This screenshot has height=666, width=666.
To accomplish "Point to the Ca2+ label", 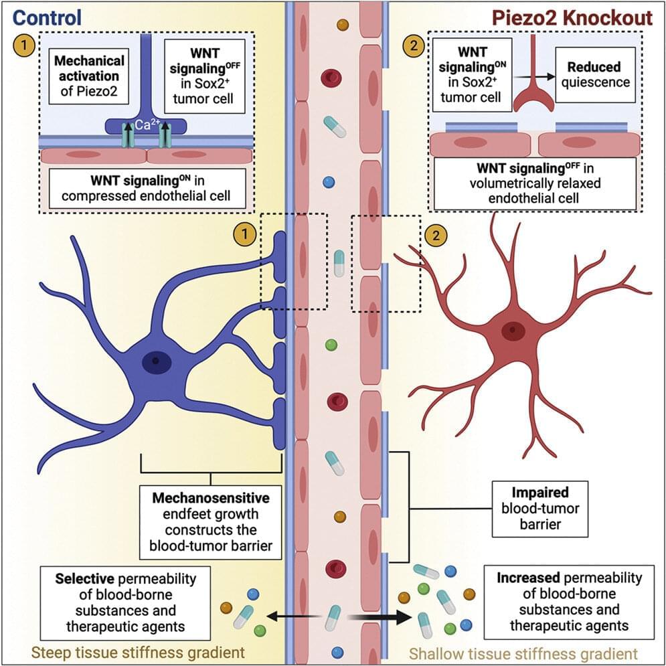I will [x=141, y=123].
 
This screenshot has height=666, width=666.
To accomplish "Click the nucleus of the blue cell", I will [x=156, y=362].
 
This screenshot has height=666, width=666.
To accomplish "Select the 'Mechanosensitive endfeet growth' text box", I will [x=211, y=523].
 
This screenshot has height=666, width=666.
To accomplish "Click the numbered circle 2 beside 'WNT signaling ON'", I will [x=412, y=47].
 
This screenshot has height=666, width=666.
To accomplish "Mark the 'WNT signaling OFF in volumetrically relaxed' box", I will [x=534, y=183].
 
